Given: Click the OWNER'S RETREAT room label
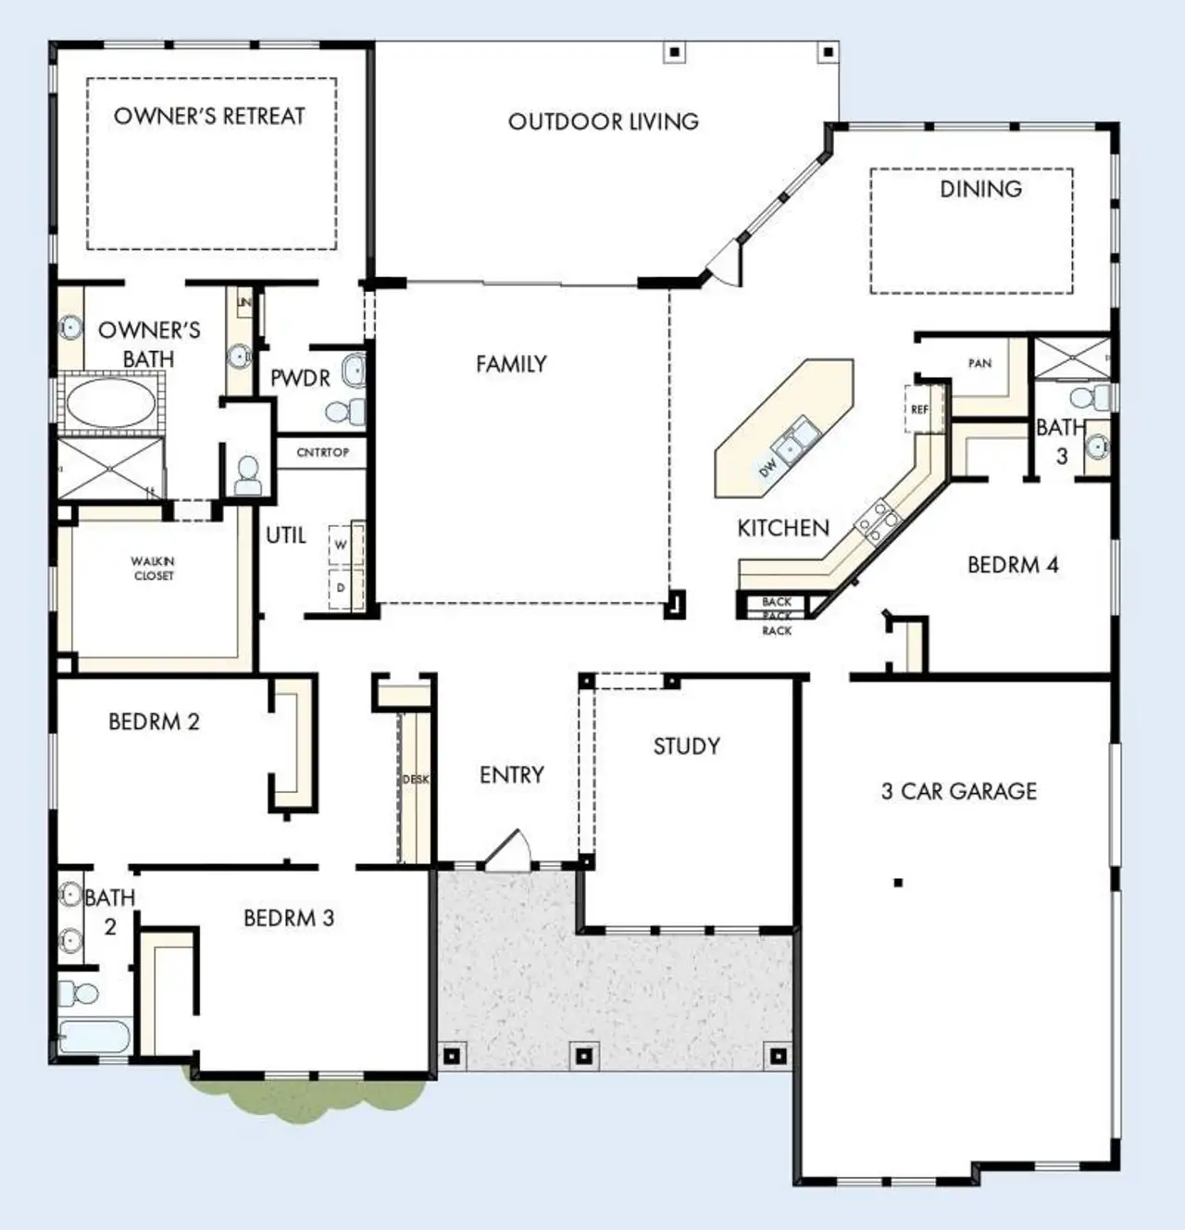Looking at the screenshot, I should coord(209,117).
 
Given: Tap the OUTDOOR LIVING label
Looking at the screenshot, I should coord(603,122).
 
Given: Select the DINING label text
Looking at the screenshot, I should coord(980,189).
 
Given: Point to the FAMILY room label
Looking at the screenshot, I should coord(511,365).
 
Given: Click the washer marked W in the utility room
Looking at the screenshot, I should coord(342,545).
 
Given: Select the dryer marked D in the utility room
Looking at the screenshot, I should coord(342,588).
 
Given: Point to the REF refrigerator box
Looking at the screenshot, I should coord(920,408).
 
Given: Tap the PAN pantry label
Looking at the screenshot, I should coord(979,363).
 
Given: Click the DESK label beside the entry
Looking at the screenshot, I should coord(416,779).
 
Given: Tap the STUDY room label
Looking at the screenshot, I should coord(686,747).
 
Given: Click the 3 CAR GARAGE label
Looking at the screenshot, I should coord(959,792).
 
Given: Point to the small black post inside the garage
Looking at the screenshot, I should coord(897,883).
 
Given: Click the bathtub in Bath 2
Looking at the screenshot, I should coord(95,1035).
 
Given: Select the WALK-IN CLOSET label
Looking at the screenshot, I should coord(153,569).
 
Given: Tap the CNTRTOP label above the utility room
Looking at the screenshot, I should coord(323,453).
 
